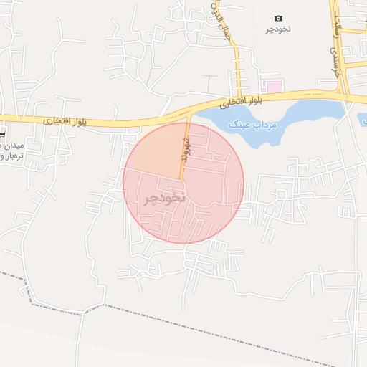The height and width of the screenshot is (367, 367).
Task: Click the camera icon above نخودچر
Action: (x=278, y=18)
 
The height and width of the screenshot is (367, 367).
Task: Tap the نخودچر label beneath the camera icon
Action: (x=279, y=29)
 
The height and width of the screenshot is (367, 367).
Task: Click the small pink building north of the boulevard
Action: (x=275, y=86)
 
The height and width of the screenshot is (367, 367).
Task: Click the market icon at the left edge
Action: (x=2, y=135)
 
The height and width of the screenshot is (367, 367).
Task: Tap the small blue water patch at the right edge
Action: (x=362, y=119)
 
